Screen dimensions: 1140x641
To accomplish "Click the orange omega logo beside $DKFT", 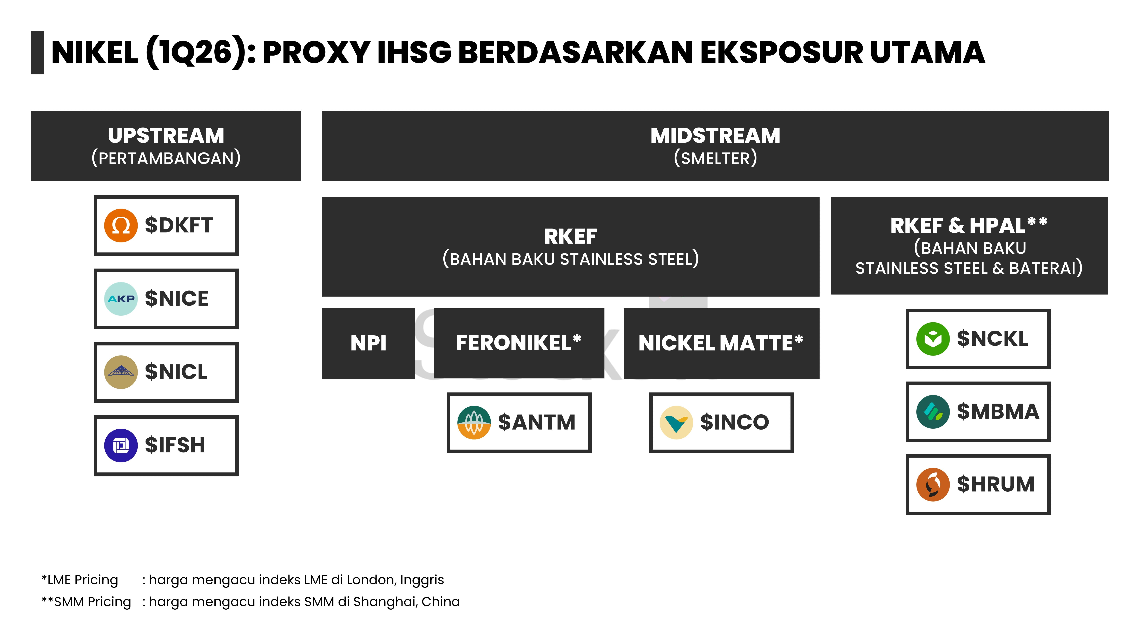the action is coord(121,226).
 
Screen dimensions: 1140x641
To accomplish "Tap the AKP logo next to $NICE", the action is coord(121,299).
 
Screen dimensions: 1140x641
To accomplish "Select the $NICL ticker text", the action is coord(176,372).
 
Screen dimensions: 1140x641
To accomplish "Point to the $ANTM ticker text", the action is coord(536,422).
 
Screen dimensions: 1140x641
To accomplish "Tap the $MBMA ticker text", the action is coord(998,411).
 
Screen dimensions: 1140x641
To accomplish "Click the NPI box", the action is coord(368,343).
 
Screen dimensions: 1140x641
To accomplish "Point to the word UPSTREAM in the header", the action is coord(166,135).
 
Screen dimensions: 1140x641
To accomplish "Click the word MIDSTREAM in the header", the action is coord(715,135).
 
